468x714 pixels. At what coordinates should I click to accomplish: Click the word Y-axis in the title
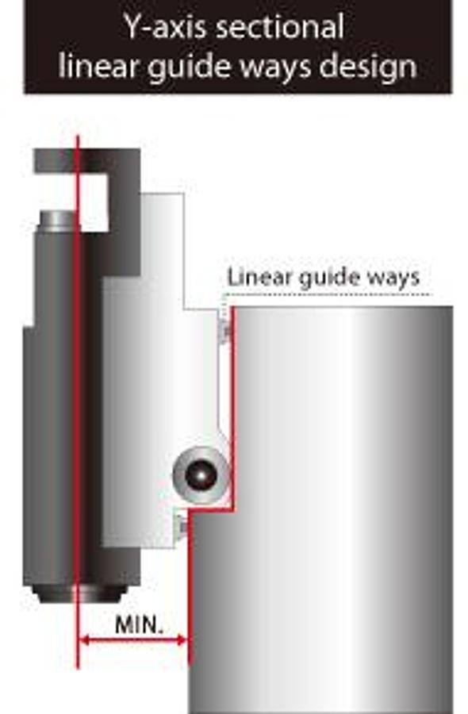167,26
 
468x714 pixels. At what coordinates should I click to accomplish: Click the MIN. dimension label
139,625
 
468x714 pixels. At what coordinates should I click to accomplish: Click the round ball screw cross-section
201,475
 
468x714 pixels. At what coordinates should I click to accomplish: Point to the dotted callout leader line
326,294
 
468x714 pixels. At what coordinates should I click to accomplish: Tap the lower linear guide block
182,526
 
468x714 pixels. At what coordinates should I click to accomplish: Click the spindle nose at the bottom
81,594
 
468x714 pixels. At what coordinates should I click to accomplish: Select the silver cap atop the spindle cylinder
58,220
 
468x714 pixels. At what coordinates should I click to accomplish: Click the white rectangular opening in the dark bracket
94,202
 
